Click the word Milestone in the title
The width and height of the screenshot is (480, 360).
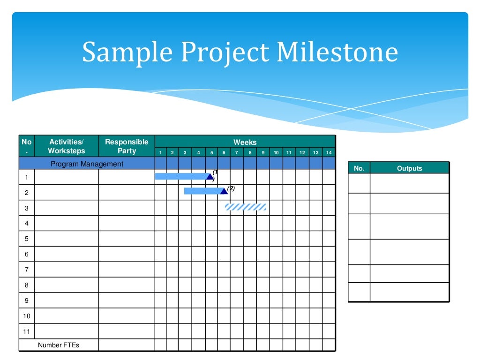coord(337,52)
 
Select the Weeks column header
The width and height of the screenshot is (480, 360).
coord(245,142)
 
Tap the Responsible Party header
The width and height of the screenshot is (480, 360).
coord(127,146)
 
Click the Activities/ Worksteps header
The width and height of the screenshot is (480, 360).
coord(67,146)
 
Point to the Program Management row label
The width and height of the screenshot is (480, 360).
coord(87,164)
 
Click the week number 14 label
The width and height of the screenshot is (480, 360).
coord(329,153)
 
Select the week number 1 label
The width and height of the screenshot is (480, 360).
coord(160,153)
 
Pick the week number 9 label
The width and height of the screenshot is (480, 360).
coord(263,153)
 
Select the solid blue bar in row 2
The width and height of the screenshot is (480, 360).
coord(202,191)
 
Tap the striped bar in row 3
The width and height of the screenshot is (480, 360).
coord(246,207)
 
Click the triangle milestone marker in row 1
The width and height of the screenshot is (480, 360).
coord(210,176)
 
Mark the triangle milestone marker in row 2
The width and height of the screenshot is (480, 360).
coord(224,191)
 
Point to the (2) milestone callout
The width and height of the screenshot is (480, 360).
coord(231,188)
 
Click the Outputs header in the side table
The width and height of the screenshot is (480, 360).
coord(409,168)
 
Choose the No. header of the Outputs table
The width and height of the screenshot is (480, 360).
coord(359,168)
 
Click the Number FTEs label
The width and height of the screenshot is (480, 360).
coord(59,345)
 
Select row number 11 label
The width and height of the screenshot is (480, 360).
coord(26,331)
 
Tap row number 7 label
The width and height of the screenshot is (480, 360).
coord(26,270)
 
